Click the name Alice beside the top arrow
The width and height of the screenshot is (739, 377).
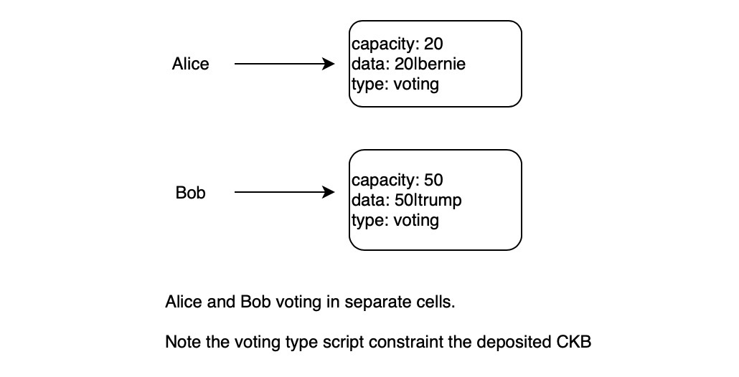190,65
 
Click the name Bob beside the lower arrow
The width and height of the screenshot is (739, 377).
190,194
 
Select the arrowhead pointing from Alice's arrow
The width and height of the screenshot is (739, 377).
330,65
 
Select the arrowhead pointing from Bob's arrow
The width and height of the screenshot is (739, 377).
330,193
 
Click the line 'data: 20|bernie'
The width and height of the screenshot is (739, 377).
408,65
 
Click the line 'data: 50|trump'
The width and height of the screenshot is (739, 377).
406,200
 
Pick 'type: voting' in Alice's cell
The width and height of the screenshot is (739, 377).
395,84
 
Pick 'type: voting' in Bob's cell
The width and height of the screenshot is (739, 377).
395,219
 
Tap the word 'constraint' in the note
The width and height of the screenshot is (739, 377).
410,343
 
